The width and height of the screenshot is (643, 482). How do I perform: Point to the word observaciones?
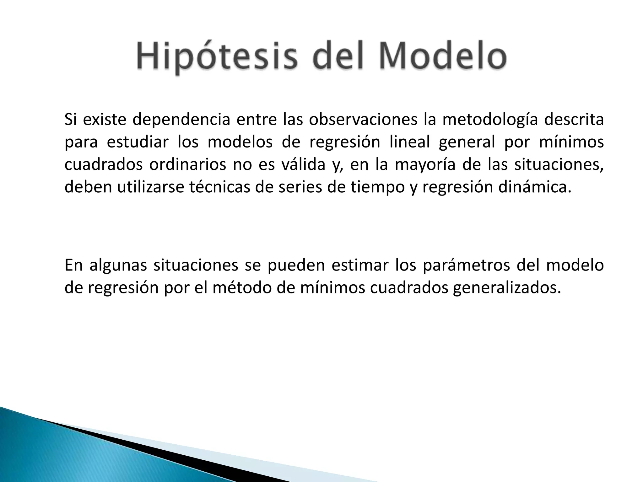pyautogui.click(x=363, y=120)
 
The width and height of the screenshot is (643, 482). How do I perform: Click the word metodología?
pyautogui.click(x=490, y=120)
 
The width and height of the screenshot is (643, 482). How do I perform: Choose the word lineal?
pyautogui.click(x=409, y=142)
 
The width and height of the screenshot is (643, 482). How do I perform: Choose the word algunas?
pyautogui.click(x=118, y=265)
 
